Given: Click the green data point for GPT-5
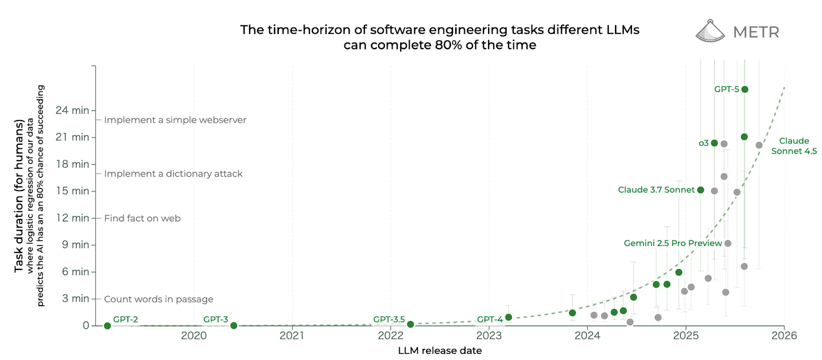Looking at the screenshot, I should [x=744, y=89].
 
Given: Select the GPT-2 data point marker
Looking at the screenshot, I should [x=107, y=326].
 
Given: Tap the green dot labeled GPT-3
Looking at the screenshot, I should [x=234, y=326].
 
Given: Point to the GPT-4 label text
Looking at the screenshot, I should [x=490, y=319].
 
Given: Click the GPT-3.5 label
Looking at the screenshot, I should [x=389, y=319].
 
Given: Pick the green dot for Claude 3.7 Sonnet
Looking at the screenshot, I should [x=700, y=190].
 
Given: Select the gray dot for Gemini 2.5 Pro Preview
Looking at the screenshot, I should [x=727, y=243].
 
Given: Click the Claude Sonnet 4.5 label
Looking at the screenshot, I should [x=794, y=146].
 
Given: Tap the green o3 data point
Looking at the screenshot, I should [x=714, y=143].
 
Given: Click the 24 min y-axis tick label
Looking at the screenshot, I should [x=72, y=110].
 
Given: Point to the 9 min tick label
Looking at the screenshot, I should [x=76, y=244].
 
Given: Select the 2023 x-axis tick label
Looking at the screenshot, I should [x=489, y=336].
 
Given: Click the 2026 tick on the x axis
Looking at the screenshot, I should [x=784, y=336].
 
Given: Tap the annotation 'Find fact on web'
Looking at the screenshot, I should [x=142, y=218].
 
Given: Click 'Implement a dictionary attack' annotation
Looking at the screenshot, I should [x=173, y=174].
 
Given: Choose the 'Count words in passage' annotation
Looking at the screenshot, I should [x=158, y=299].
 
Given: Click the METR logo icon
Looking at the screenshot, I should [x=710, y=31].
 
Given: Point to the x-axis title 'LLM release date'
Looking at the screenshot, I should [x=440, y=351].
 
